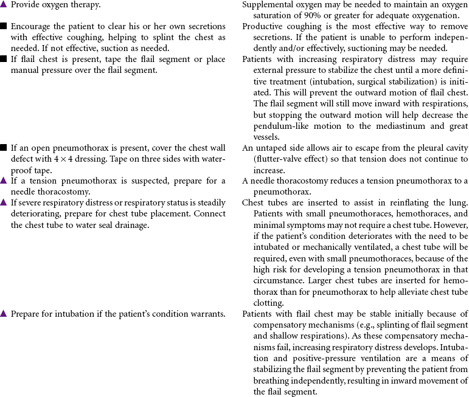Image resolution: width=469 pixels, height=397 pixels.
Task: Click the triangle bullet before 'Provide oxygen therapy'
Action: coord(4,4)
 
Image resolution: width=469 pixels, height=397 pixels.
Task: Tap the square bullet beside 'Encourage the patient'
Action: coord(4,27)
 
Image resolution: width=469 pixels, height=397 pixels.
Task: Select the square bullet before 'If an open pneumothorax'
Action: coord(4,148)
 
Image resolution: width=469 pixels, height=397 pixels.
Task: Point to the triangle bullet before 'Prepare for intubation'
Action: coord(4,314)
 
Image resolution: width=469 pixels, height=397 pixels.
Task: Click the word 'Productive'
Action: coord(264,27)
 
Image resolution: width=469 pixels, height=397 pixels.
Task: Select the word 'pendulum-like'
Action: coord(279,126)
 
